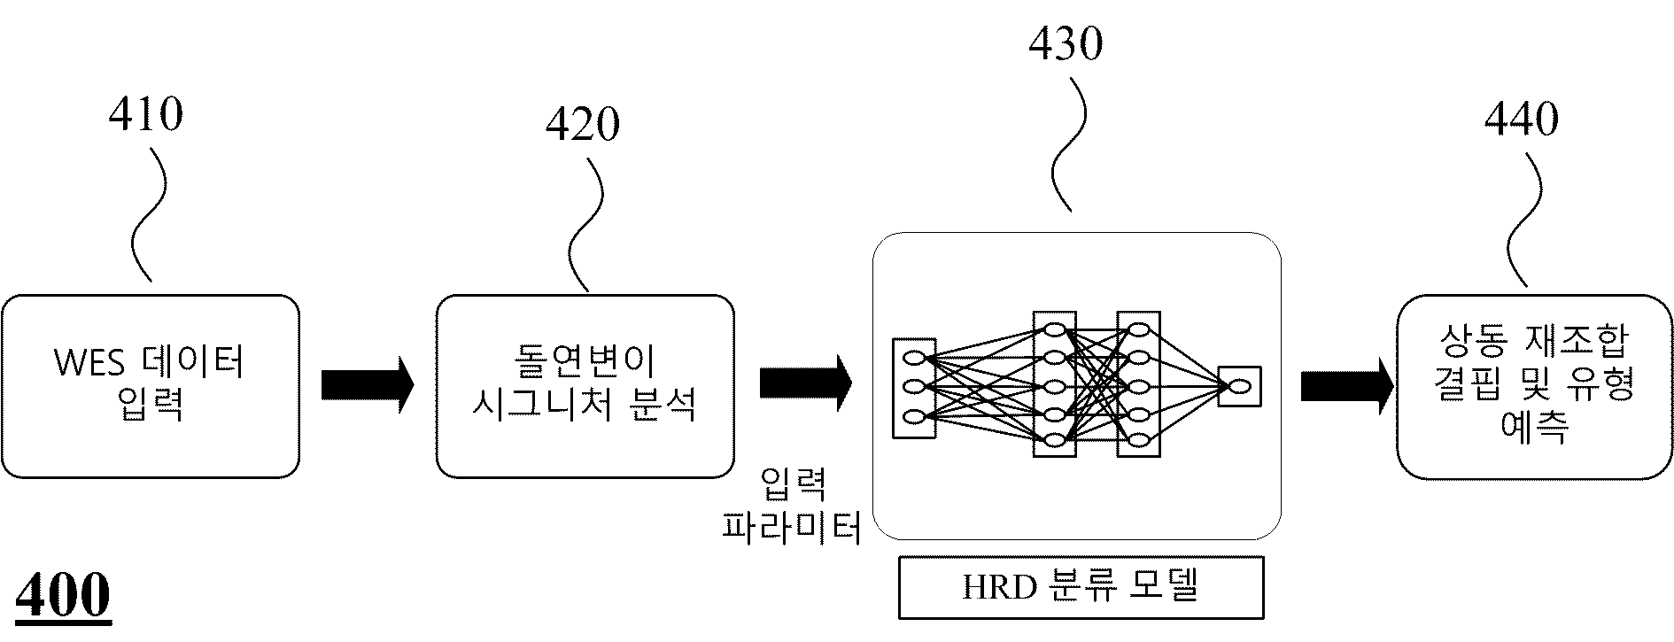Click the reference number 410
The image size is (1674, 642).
(x=146, y=114)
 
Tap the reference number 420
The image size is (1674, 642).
(x=583, y=125)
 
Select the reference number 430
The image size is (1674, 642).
(x=1066, y=43)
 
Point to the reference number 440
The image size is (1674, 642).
(x=1522, y=120)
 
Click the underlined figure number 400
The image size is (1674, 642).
(x=64, y=596)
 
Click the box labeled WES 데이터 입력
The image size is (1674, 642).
(x=151, y=386)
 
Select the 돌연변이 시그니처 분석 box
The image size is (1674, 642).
(x=585, y=386)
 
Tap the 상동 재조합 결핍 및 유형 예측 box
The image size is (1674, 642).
(x=1534, y=387)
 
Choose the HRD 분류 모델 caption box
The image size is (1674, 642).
(x=1081, y=587)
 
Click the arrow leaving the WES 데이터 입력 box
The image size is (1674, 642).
(x=368, y=385)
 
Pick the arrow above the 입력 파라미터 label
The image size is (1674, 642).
(x=806, y=383)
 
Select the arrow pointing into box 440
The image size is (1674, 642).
(x=1347, y=386)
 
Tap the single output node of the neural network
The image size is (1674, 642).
(x=1239, y=386)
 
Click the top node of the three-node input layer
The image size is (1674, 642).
(x=914, y=358)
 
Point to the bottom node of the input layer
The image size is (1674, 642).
(x=914, y=415)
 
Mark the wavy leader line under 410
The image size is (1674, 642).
(x=149, y=214)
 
